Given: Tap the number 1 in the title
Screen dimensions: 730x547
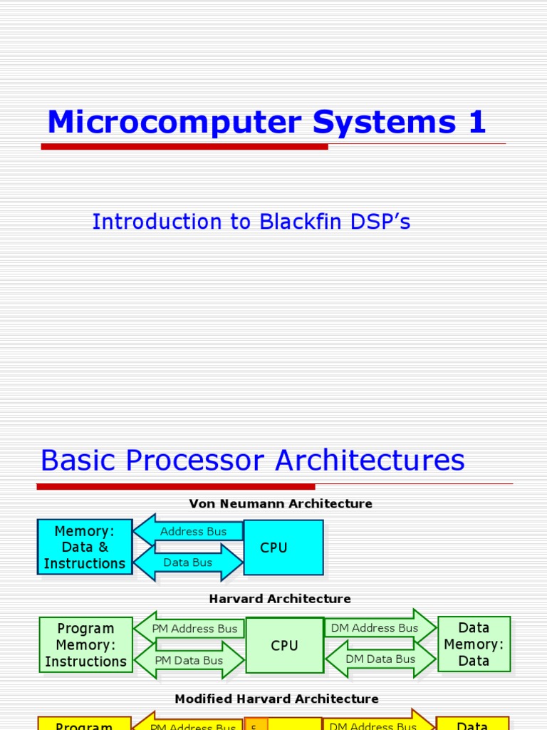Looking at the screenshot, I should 476,122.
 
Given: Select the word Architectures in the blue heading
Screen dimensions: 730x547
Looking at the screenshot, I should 370,461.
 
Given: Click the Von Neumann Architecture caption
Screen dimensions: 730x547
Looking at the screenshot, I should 280,504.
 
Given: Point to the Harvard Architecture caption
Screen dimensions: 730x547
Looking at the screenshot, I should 280,599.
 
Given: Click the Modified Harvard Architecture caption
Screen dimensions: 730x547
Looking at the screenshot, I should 276,699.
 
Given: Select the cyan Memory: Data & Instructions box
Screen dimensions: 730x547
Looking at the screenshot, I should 85,547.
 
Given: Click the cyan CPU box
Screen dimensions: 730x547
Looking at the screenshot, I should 283,547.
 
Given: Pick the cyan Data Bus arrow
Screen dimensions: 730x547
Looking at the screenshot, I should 189,562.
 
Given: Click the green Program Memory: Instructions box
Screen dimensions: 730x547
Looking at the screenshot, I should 85,644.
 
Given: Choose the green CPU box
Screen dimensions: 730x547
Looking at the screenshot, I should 284,645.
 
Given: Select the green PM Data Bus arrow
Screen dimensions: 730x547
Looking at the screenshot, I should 189,660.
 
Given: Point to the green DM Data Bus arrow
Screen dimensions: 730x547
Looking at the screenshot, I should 380,659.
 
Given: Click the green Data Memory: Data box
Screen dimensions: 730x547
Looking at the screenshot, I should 474,644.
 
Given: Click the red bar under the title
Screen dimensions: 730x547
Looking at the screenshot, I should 184,147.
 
